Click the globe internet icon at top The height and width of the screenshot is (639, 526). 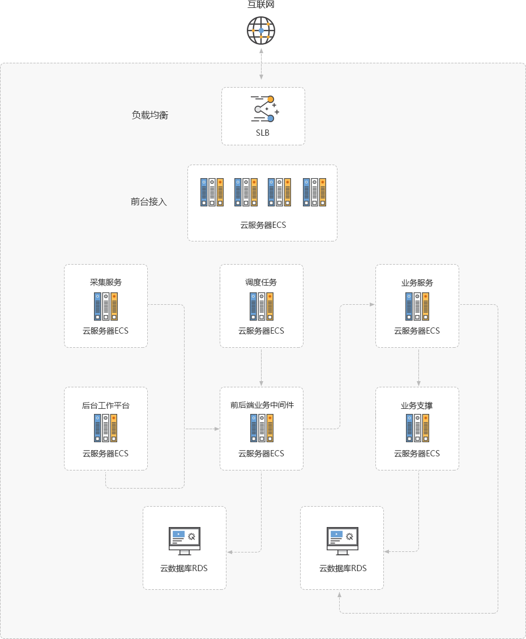pos(261,31)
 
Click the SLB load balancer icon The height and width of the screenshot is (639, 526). pos(264,109)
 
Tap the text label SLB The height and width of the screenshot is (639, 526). pos(263,133)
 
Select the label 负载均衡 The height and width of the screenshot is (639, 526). pos(150,115)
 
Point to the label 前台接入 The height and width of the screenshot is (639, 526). pos(149,201)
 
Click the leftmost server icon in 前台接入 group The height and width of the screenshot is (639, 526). pos(212,192)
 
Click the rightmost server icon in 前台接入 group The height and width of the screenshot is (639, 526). pos(314,192)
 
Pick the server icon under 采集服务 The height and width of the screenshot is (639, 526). pos(106,306)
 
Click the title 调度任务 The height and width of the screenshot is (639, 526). pos(261,282)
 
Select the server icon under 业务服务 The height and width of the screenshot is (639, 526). pos(417,306)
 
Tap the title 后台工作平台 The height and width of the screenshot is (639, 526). pos(106,405)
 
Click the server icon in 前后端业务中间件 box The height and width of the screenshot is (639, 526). pos(261,428)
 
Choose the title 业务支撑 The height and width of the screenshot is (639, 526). pos(417,405)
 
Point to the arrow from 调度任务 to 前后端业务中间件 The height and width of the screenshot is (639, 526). pos(261,368)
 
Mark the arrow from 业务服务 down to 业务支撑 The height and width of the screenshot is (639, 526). pos(418,368)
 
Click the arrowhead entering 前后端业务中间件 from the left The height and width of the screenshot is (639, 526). pos(216,429)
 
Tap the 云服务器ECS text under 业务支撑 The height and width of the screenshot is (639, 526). pos(417,454)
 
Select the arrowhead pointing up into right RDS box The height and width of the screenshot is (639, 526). pos(340,595)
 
